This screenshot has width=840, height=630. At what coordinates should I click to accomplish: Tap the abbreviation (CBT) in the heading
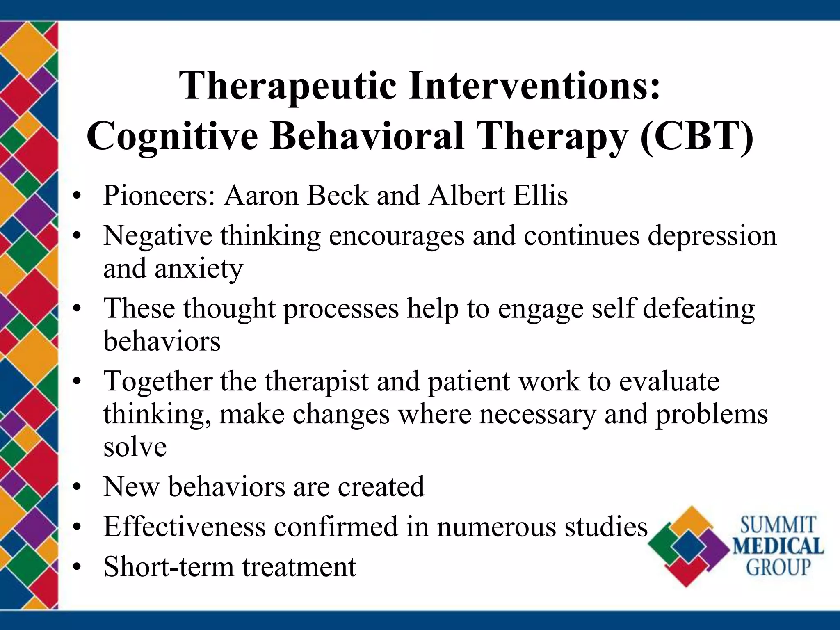click(x=696, y=137)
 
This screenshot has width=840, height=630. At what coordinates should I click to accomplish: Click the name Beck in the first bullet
click(x=338, y=195)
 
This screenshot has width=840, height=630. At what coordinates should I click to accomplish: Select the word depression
click(x=712, y=236)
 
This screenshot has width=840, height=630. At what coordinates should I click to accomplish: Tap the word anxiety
click(x=199, y=269)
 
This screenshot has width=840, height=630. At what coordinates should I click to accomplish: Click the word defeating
click(x=698, y=308)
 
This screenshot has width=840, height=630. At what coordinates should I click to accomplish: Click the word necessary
click(x=537, y=414)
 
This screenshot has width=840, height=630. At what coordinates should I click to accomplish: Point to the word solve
click(x=135, y=447)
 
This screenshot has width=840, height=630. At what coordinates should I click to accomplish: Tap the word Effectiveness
click(x=184, y=527)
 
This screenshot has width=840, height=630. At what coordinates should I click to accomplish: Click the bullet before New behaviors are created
click(x=76, y=488)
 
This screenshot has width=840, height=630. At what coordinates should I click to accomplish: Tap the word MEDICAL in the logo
click(x=778, y=546)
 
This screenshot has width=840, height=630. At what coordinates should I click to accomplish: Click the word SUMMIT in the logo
click(x=778, y=525)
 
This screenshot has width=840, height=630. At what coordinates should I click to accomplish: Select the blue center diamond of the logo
click(x=689, y=547)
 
